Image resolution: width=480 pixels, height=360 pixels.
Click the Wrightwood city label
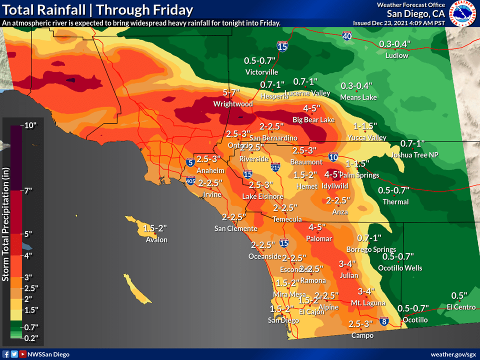[x=233, y=104]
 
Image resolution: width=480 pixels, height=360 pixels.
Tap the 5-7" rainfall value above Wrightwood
[x=233, y=93]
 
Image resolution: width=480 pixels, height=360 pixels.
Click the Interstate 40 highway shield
[x=347, y=35]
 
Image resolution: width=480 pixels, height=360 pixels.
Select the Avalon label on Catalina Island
[x=156, y=239]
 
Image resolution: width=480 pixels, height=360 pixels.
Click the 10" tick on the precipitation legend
[x=30, y=125]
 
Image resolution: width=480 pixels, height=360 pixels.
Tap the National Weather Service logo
[x=463, y=14]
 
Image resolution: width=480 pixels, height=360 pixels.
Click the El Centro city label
[x=461, y=307]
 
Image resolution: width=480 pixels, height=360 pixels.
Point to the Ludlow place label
[x=396, y=55]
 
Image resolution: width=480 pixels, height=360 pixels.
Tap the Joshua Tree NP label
[x=414, y=155]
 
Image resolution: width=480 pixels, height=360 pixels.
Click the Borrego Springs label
[x=371, y=249]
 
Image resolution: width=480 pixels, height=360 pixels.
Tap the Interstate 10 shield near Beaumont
[x=334, y=157]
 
